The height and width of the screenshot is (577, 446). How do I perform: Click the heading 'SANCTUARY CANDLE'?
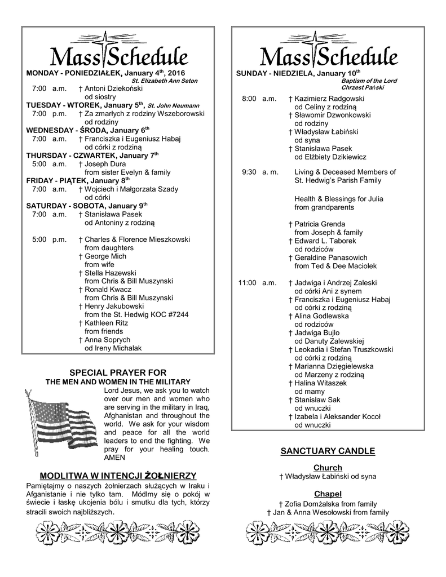[x=328, y=451]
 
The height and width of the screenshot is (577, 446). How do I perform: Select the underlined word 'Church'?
[x=328, y=468]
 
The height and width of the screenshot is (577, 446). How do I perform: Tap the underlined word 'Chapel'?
[x=328, y=494]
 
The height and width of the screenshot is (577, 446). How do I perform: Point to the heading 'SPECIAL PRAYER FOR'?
[x=118, y=372]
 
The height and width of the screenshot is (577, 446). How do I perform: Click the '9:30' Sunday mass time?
[x=249, y=172]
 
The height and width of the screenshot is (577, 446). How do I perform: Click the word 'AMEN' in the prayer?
[x=115, y=458]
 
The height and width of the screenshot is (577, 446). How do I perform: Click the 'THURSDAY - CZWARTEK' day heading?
[x=70, y=156]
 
